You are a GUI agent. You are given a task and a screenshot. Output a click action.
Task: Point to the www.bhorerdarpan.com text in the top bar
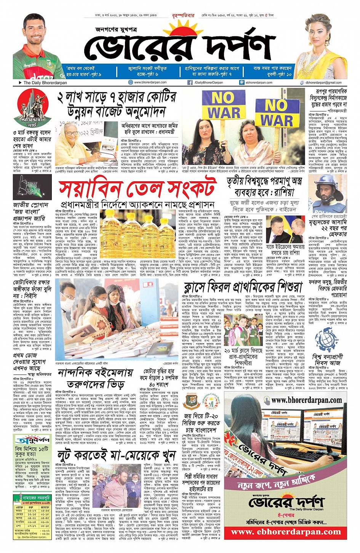[x=150, y=82]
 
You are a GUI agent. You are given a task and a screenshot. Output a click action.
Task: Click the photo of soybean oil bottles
[x=136, y=227]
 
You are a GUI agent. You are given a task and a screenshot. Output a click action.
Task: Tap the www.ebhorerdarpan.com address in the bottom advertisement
[x=285, y=532]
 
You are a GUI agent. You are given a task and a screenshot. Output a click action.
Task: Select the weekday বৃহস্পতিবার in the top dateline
[x=183, y=16]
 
